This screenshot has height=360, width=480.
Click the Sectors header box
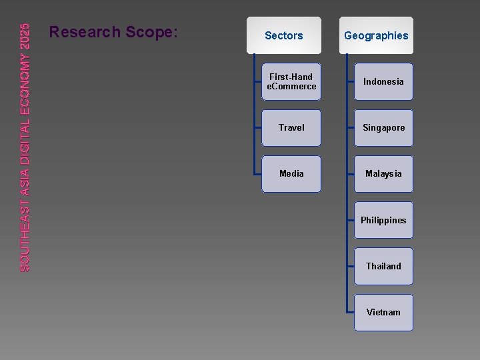point(283,35)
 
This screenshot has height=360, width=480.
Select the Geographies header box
point(376,35)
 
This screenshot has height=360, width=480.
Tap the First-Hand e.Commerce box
point(291,82)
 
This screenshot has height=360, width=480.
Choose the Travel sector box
point(291,127)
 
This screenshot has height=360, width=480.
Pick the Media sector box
point(291,173)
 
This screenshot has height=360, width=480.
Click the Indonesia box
point(383,82)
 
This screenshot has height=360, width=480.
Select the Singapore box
point(383,127)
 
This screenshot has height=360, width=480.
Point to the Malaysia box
point(383,173)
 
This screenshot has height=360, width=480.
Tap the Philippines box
point(383,220)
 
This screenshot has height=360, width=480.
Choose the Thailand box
point(383,266)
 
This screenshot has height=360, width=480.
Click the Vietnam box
point(383,312)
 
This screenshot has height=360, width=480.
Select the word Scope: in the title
point(155,32)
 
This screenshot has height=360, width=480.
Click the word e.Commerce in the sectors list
point(291,87)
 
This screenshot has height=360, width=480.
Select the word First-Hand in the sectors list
point(291,77)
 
